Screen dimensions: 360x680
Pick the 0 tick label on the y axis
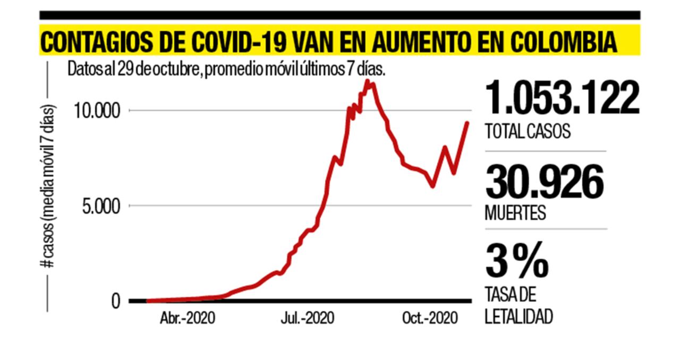116,301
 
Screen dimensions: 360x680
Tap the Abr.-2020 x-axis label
188,319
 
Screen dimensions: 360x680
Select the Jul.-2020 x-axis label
307,319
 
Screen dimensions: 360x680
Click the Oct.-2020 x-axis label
430,319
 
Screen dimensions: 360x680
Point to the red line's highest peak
367,81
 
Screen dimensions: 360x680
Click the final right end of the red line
467,123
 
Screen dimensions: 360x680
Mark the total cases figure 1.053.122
562,98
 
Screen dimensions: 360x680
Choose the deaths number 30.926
544,181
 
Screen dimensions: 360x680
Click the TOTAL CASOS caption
527,131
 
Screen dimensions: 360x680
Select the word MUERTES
515,212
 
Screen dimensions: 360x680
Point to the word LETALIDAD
518,317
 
